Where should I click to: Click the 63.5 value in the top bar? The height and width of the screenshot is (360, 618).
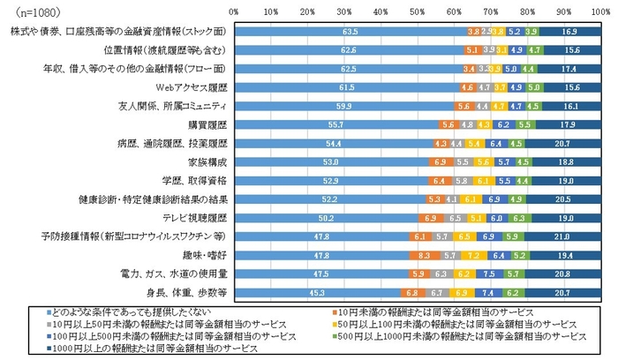coord(348,31)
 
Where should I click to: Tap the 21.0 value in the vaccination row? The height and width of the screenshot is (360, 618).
coord(561,236)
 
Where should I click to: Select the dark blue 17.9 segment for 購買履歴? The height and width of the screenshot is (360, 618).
coord(568,126)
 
